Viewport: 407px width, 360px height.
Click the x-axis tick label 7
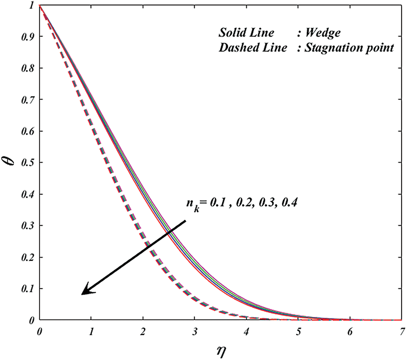pos(402,330)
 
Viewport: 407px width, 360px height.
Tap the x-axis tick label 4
pos(247,330)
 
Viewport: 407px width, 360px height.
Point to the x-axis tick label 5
pos(298,330)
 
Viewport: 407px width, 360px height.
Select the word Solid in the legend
pos(231,33)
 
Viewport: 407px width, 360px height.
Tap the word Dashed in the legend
pos(236,47)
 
